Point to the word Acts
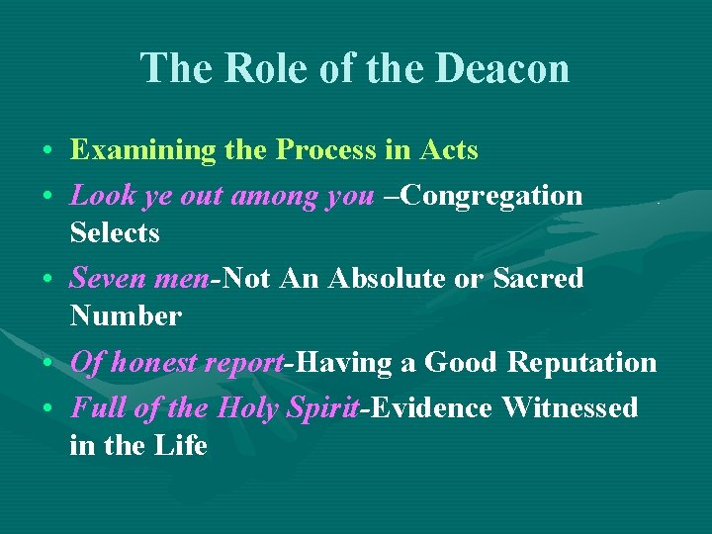(449, 150)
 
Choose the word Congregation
(493, 195)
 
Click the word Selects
(115, 233)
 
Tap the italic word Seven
(108, 279)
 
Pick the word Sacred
(538, 279)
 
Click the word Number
(126, 316)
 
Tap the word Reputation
(581, 363)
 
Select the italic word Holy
(254, 407)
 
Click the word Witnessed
(570, 407)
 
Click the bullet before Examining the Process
(48, 152)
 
